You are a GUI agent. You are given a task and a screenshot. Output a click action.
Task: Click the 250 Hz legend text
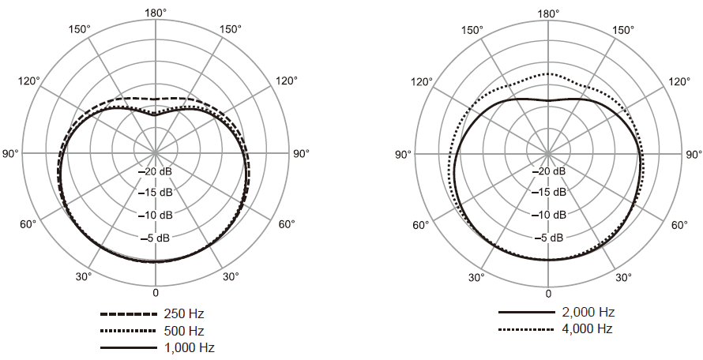[184, 314]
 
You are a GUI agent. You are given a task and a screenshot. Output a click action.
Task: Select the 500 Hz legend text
[184, 332]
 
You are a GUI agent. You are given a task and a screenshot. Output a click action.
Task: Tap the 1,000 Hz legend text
[190, 348]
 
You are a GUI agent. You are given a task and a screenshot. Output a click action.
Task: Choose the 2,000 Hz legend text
[588, 312]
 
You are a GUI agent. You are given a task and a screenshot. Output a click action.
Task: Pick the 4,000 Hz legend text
[588, 329]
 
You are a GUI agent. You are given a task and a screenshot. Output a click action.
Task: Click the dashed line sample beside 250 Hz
[129, 314]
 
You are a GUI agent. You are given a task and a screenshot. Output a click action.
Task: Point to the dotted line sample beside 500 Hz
[129, 332]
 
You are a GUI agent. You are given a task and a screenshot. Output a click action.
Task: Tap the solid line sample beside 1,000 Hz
[129, 348]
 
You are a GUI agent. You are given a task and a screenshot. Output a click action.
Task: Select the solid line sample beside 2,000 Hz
[527, 312]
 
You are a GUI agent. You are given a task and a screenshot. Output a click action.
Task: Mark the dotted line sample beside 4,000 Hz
[527, 329]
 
